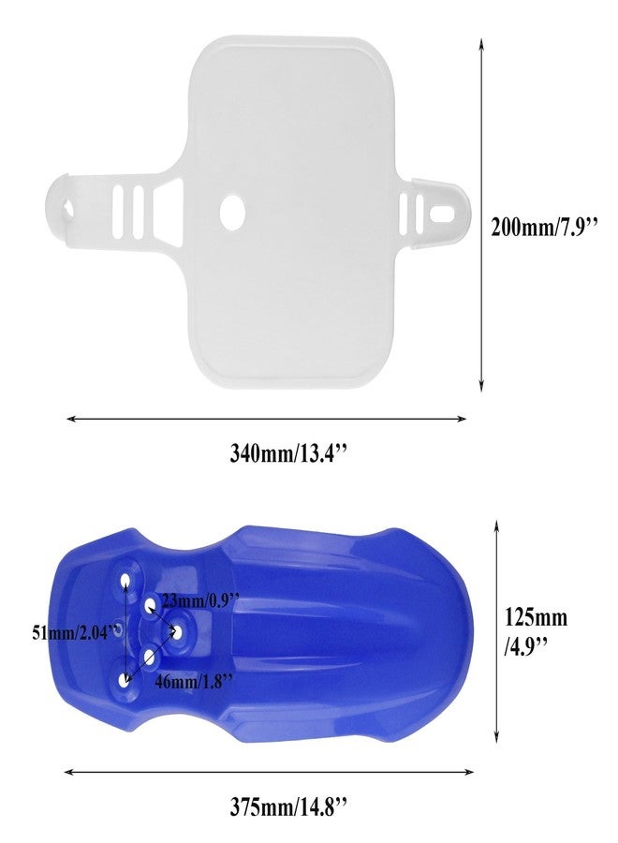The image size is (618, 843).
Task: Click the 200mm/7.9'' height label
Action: point(543,228)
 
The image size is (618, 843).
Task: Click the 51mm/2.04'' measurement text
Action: point(75,632)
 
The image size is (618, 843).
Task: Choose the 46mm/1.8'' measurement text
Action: point(194,681)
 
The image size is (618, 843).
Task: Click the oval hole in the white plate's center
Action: point(232,212)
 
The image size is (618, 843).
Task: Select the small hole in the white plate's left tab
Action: point(68,208)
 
